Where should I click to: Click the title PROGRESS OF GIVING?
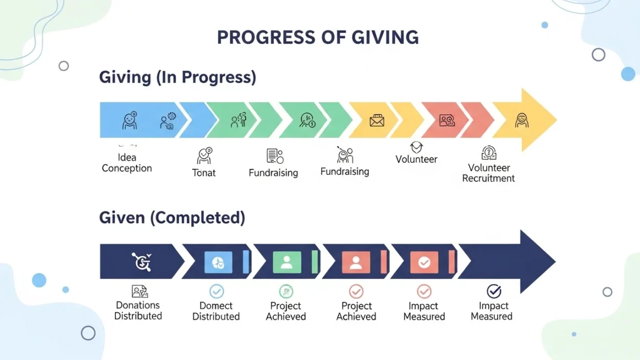click(x=317, y=37)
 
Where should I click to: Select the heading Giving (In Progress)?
click(x=177, y=77)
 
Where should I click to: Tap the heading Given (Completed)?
click(x=172, y=217)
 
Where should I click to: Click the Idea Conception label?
click(x=127, y=163)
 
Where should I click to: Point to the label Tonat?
click(x=204, y=173)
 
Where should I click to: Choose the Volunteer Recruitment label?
click(x=488, y=173)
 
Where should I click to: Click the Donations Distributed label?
click(x=138, y=311)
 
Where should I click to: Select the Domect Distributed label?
click(x=216, y=311)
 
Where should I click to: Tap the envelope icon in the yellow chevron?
click(x=377, y=121)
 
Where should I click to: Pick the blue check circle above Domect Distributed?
click(x=216, y=292)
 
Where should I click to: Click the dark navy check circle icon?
click(x=494, y=291)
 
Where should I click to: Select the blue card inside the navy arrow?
click(x=218, y=262)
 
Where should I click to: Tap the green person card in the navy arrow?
click(x=287, y=262)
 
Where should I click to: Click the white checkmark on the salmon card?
click(x=424, y=262)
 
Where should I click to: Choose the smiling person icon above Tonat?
click(x=204, y=155)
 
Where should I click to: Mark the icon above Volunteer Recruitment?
click(x=489, y=153)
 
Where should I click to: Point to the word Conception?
click(x=127, y=168)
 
